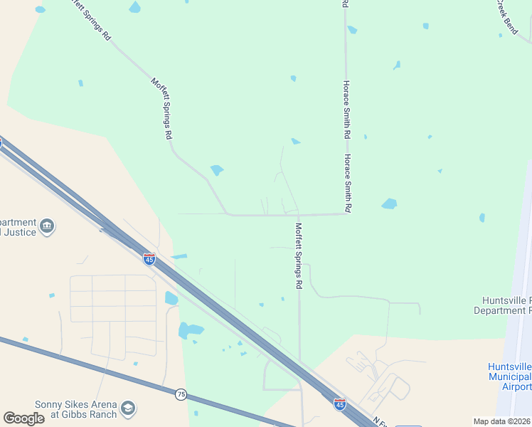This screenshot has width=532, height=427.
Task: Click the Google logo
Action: (x=23, y=418)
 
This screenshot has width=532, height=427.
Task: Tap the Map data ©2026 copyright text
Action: (x=502, y=421)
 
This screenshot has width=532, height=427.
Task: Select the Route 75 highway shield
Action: (x=181, y=393)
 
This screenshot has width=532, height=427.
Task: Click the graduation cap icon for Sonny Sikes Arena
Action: (x=128, y=408)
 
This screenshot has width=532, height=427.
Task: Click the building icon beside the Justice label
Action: (x=47, y=227)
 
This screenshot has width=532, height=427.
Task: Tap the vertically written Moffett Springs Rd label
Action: (x=299, y=255)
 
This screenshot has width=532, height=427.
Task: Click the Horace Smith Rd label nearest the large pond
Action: (x=348, y=184)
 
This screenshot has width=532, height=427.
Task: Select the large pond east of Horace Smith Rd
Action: (x=389, y=204)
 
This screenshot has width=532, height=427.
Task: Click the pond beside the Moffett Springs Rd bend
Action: (x=217, y=170)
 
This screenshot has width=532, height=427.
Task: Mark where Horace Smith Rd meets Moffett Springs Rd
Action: (x=346, y=213)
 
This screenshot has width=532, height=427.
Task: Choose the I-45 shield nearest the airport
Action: (x=340, y=404)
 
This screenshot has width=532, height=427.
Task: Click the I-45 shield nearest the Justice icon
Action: (x=149, y=259)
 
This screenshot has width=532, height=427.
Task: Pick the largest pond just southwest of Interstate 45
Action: (x=190, y=330)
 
